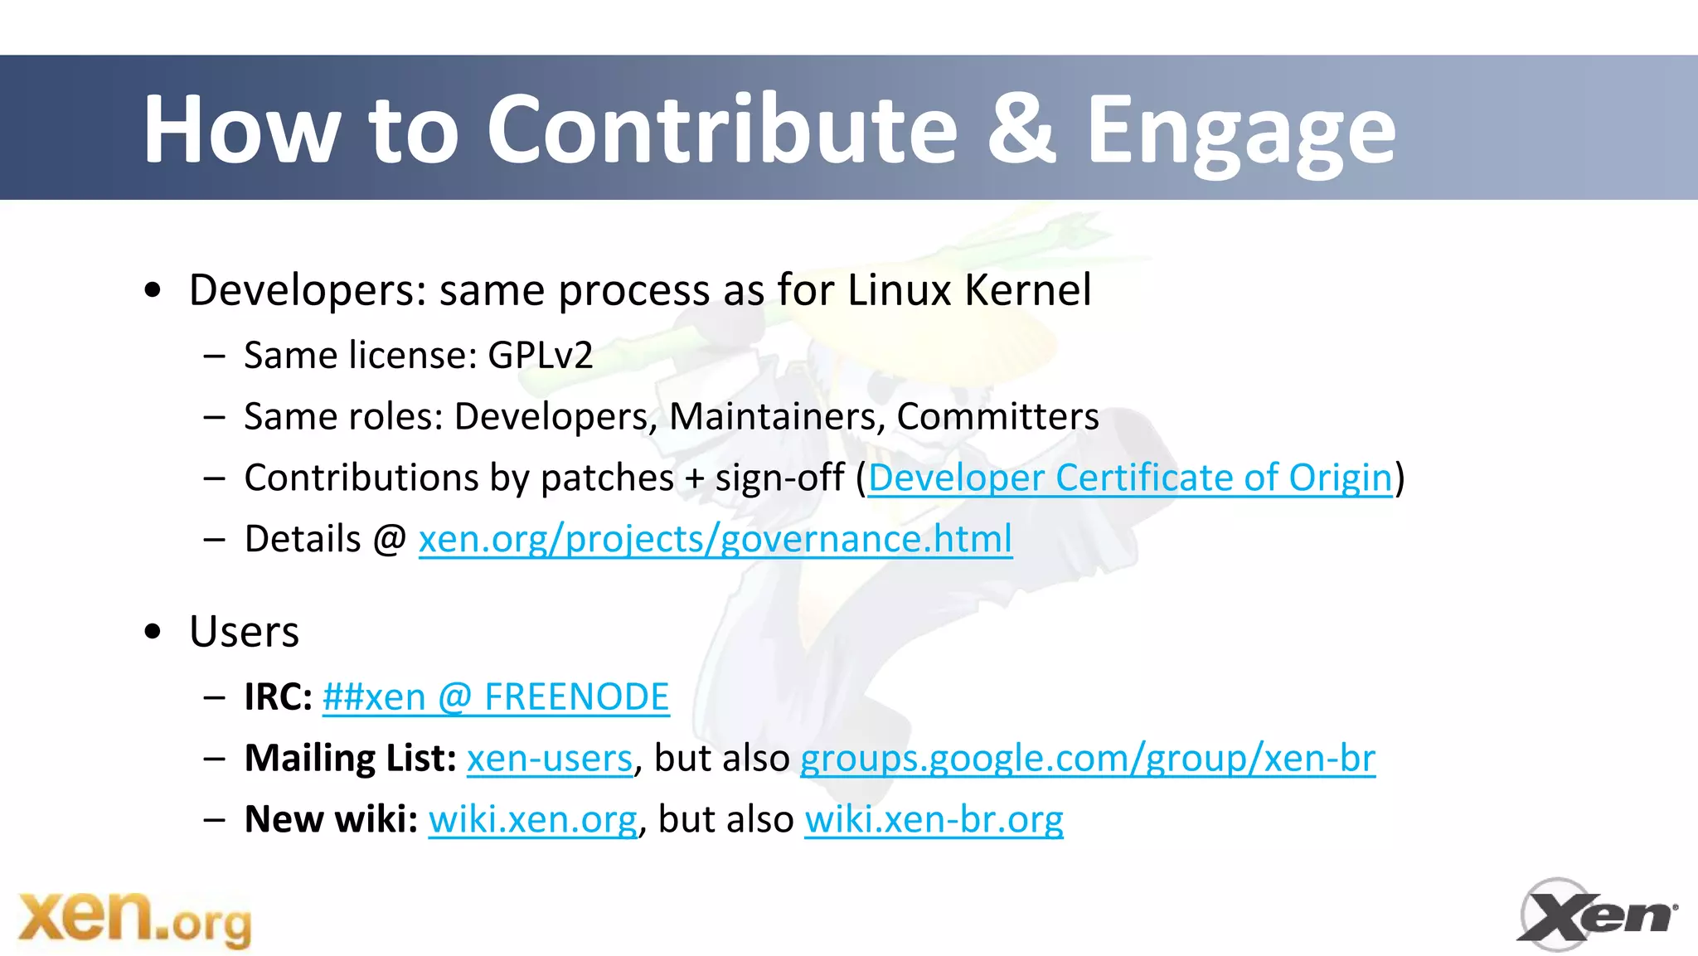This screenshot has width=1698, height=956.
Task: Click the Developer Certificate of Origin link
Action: click(x=1130, y=478)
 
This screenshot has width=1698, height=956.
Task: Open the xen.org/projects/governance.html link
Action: click(x=715, y=540)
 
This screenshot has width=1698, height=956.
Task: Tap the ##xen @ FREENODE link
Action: click(x=496, y=697)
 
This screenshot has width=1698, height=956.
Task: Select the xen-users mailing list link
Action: click(x=550, y=759)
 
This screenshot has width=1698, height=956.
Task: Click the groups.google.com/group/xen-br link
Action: click(x=1087, y=759)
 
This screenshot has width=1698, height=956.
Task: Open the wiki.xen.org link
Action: click(x=532, y=820)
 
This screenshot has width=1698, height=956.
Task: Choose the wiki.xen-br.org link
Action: click(x=934, y=820)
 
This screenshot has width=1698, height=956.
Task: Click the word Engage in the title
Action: click(x=1240, y=131)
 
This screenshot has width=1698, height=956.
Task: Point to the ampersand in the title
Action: click(x=1021, y=129)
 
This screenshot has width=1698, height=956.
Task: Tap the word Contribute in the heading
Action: click(x=721, y=129)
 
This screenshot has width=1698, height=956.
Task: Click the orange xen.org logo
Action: click(x=134, y=918)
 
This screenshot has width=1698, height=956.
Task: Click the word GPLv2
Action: click(x=540, y=356)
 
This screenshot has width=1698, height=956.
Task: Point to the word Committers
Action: click(x=997, y=417)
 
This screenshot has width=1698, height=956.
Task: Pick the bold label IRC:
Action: click(x=278, y=697)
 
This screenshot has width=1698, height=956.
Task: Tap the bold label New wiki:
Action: click(x=331, y=820)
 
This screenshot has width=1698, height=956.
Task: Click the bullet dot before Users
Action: click(x=153, y=632)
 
